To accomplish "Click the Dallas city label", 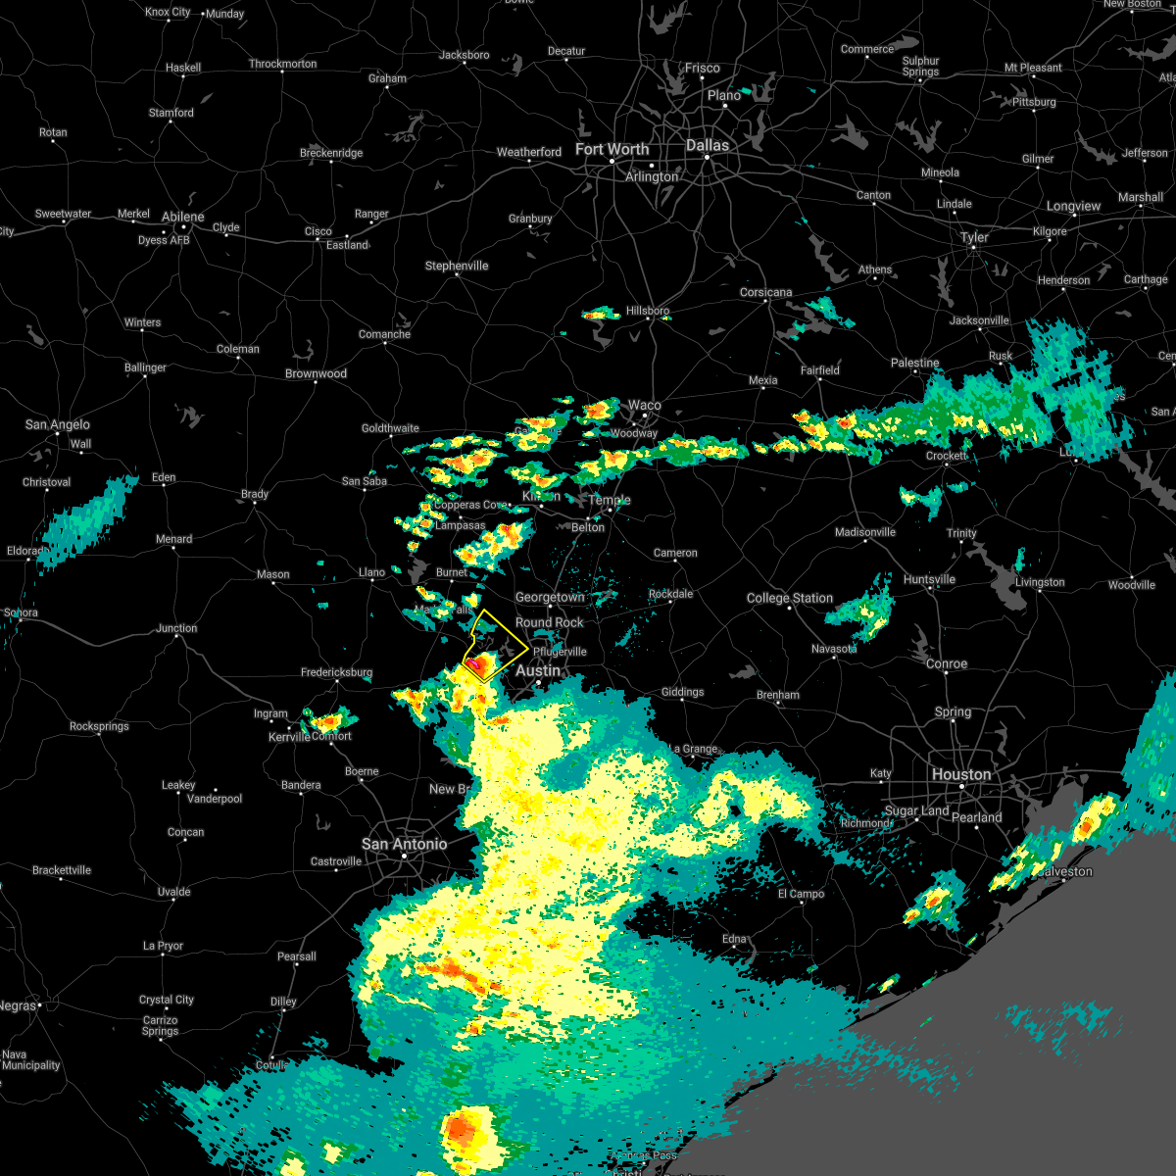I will coord(708,145).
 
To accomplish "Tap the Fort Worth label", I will coord(612,149).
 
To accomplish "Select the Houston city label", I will coord(961,774).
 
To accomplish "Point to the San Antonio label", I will coord(404,844).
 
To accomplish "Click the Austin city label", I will coord(538,670).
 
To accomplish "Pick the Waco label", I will coord(644,405).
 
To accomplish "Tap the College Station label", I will coord(789,598).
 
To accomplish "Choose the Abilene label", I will coord(182,217).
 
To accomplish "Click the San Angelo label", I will coord(57,424).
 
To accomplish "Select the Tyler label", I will coord(974,237).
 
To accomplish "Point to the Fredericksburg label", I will coord(336,672).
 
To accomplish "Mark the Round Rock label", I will coord(549,622).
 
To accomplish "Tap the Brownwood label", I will coord(316,373).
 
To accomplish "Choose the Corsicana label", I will coord(765,292).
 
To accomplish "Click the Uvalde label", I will coord(173,892).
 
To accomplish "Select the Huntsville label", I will coord(929,579).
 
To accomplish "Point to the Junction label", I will coord(176,628).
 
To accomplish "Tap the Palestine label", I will coord(914,363).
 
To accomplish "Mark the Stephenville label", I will coord(456,266).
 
